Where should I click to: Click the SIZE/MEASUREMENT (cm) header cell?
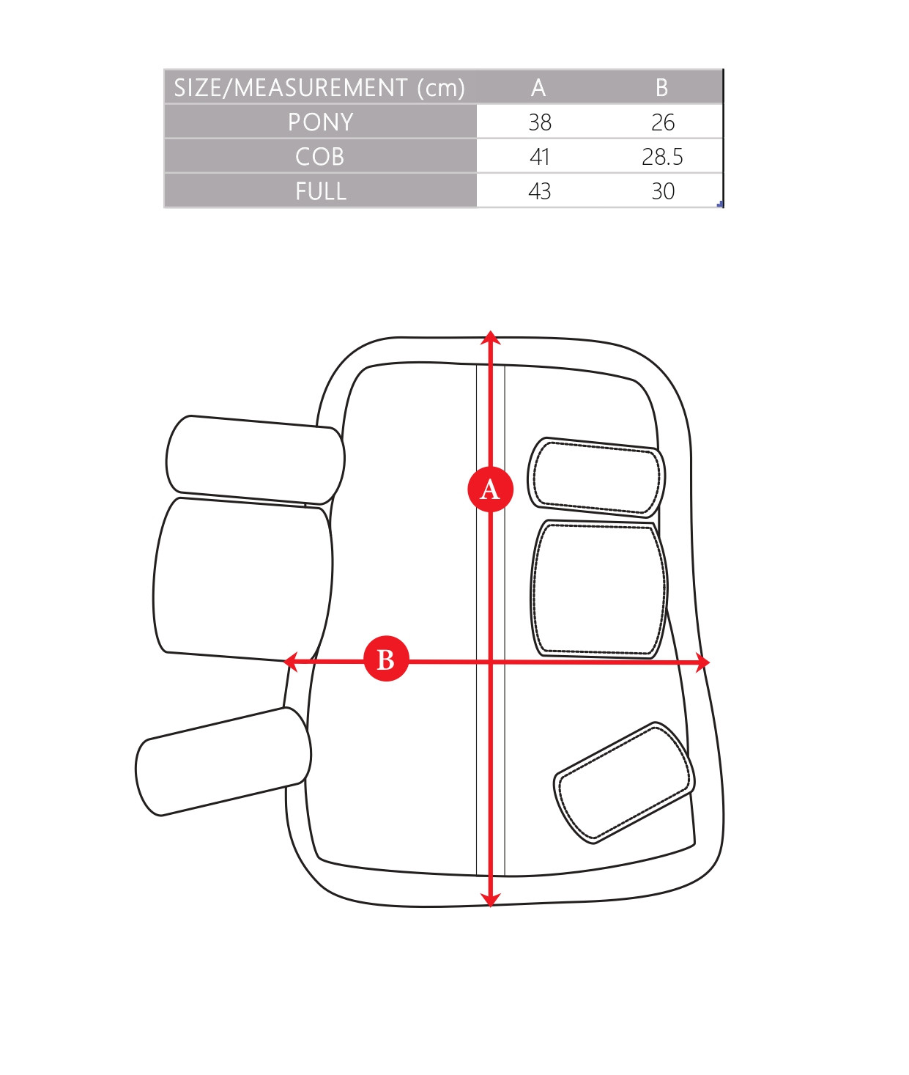pyautogui.click(x=319, y=87)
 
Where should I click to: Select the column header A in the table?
pyautogui.click(x=538, y=87)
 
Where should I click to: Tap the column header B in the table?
pyautogui.click(x=661, y=87)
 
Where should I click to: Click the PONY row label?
pyautogui.click(x=320, y=122)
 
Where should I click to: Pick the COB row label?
pyautogui.click(x=319, y=157)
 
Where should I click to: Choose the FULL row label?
pyautogui.click(x=321, y=191)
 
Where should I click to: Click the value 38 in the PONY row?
pyautogui.click(x=540, y=122)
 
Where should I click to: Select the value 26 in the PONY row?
pyautogui.click(x=663, y=122)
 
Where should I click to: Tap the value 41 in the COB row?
pyautogui.click(x=540, y=157)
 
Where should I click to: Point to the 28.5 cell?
pyautogui.click(x=662, y=157)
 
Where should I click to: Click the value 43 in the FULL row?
pyautogui.click(x=540, y=191)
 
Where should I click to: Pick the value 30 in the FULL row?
pyautogui.click(x=663, y=191)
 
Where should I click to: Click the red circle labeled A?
pyautogui.click(x=490, y=489)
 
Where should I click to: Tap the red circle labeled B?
pyautogui.click(x=385, y=658)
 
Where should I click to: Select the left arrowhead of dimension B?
pyautogui.click(x=291, y=662)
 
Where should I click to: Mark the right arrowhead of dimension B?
pyautogui.click(x=702, y=662)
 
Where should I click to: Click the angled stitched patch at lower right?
pyautogui.click(x=624, y=782)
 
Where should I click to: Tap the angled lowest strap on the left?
pyautogui.click(x=223, y=761)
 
